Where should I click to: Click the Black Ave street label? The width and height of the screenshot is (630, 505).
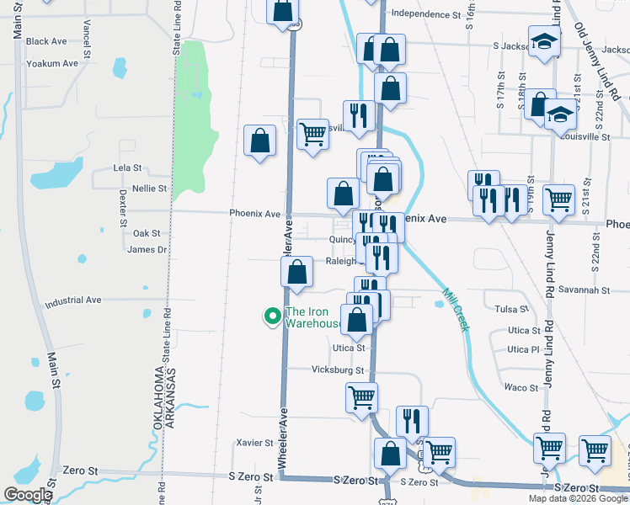pos(46,41)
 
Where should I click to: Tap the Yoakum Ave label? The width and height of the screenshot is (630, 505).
pos(52,63)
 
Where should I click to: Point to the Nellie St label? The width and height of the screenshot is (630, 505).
pos(149,189)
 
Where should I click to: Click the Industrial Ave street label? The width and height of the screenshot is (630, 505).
pos(73,300)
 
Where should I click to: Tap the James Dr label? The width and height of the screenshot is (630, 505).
pos(147,249)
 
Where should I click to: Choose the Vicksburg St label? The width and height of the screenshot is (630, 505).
pos(337,369)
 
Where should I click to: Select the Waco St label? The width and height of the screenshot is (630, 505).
pos(521,387)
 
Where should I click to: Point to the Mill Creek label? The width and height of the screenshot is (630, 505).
pos(455,310)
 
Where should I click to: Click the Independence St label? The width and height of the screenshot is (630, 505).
pos(426,14)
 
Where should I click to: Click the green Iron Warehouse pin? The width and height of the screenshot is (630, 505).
pos(272,316)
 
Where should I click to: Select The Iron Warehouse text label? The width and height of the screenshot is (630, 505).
pos(313,317)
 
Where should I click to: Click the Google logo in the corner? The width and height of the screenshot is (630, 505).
pos(28,494)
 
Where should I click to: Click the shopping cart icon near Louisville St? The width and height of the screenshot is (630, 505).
pos(312,135)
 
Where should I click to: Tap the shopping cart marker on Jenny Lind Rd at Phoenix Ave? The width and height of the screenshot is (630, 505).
pos(558,200)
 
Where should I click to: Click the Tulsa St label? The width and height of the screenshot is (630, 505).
pos(510,309)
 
